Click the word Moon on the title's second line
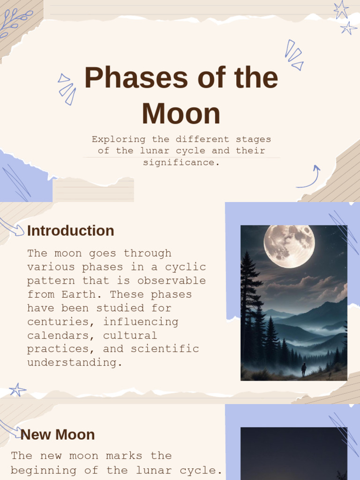click(181, 114)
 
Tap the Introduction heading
click(70, 231)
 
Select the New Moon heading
click(58, 435)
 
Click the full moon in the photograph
click(289, 246)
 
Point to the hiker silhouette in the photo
click(304, 369)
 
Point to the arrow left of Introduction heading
click(12, 227)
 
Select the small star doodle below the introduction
click(17, 390)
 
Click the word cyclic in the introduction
click(186, 267)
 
